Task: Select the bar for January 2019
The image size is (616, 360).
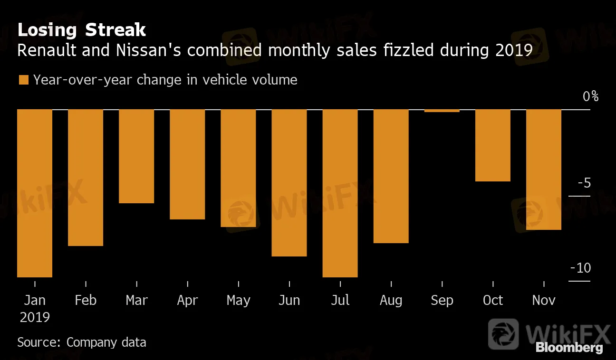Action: click(x=35, y=193)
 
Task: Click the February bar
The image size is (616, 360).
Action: click(x=86, y=177)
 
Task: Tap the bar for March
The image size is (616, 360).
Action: click(x=136, y=156)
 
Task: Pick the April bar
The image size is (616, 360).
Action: click(x=187, y=164)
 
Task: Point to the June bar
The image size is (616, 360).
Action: click(x=289, y=183)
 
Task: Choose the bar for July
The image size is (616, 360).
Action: click(x=340, y=193)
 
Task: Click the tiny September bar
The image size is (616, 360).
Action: click(x=442, y=111)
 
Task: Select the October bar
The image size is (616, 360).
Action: click(x=493, y=145)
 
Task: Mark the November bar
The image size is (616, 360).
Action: click(x=544, y=170)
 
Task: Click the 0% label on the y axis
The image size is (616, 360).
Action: click(x=591, y=96)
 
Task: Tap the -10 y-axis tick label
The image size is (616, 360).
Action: click(x=580, y=268)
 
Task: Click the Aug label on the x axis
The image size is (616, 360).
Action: click(x=391, y=301)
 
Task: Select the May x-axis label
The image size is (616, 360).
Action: click(x=238, y=301)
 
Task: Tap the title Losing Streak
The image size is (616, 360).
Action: click(x=82, y=30)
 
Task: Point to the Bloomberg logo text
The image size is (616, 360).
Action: click(x=569, y=348)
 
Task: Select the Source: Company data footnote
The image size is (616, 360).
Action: click(x=82, y=342)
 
